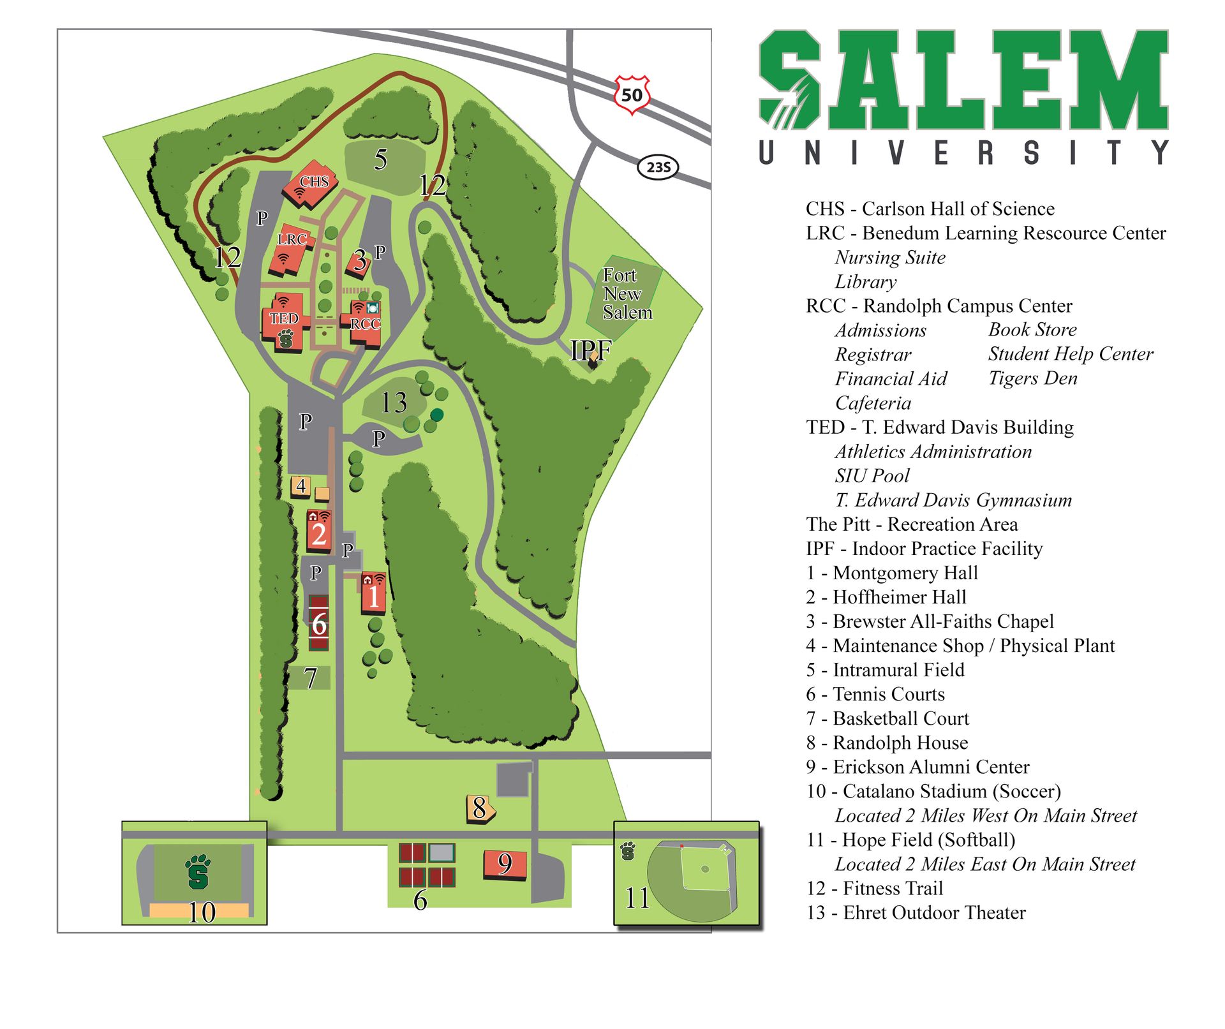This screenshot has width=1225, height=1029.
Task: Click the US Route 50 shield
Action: tap(632, 95)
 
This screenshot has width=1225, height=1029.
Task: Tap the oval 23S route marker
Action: tap(658, 167)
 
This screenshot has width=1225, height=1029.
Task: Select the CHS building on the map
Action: tap(311, 184)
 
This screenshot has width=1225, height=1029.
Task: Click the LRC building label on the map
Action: tap(292, 239)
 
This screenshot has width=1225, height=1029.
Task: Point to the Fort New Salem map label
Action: tap(627, 294)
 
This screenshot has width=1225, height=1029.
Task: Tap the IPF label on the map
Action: tap(591, 350)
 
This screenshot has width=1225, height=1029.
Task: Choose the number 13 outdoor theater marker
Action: tap(394, 403)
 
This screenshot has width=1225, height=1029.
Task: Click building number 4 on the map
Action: tap(301, 485)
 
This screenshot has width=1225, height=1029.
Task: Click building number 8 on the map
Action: tap(480, 808)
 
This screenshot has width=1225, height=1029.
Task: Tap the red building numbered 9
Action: tap(505, 864)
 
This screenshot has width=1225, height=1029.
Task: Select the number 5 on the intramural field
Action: tap(381, 159)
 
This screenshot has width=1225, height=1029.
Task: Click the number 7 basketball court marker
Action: tap(310, 678)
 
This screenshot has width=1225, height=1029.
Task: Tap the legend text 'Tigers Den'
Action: tap(1032, 378)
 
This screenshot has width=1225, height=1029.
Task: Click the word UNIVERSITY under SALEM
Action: tap(963, 153)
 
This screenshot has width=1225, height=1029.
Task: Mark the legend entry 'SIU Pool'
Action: tap(872, 476)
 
